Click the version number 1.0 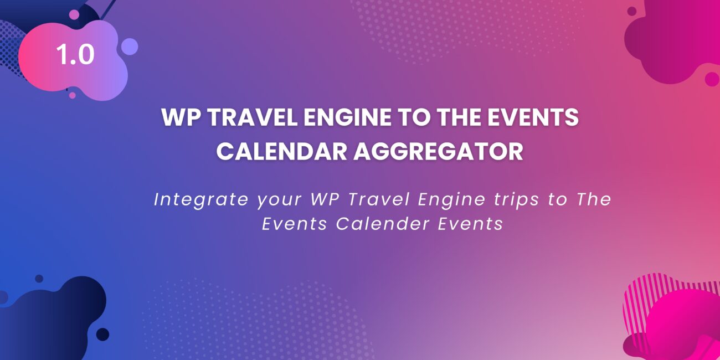coord(75,54)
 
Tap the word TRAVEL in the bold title coord(253,117)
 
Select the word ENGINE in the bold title coord(347,117)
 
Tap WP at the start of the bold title coord(181,117)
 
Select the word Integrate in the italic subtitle coord(201,200)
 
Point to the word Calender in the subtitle coord(383,224)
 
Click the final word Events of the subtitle coord(471,224)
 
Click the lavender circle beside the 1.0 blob coord(130,47)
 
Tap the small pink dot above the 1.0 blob coord(74,14)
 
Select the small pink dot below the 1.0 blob coord(73,95)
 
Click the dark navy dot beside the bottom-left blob coord(103,335)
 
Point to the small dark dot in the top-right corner coord(632,11)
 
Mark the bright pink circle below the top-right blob coord(712,79)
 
